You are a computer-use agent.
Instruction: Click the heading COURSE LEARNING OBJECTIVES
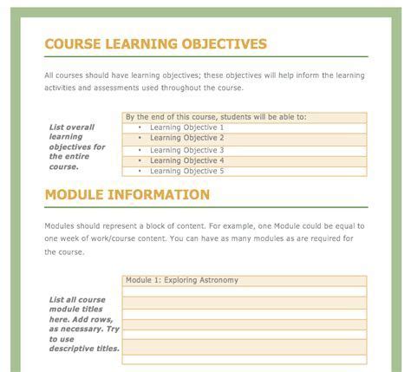point(155,44)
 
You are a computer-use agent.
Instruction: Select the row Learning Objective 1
point(186,127)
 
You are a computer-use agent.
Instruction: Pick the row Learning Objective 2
point(186,138)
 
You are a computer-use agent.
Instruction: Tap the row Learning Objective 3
point(186,150)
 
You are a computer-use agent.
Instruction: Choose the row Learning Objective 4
point(186,160)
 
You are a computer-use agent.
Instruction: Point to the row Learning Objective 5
point(186,171)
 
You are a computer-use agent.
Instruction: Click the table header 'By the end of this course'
point(216,116)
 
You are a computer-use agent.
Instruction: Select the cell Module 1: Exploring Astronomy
point(181,280)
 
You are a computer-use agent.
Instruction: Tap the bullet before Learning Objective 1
point(140,127)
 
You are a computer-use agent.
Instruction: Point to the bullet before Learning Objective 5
point(140,171)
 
